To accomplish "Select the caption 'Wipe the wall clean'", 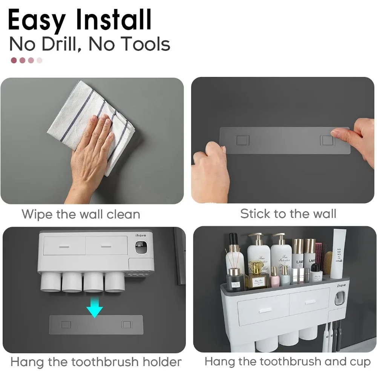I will point(81,214).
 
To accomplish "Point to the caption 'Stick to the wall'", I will point(288,214).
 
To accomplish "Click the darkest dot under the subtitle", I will point(14,60).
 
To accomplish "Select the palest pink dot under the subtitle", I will point(40,60).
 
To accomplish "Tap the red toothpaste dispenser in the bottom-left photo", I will point(140,247).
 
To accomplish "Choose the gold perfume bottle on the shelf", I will point(257,277).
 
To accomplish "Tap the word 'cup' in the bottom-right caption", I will point(360,362).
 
